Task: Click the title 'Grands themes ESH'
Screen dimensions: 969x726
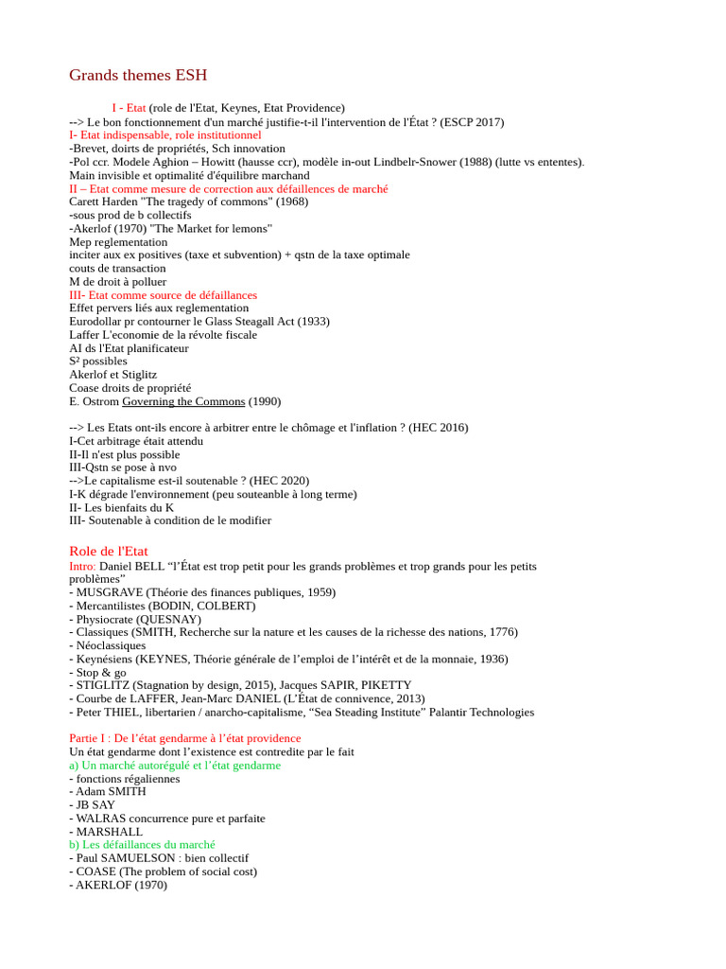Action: pos(138,75)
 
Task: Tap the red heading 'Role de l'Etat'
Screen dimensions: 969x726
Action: pos(109,551)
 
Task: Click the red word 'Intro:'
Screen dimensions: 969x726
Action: pos(82,566)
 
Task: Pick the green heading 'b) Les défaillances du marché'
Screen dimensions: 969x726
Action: pos(142,844)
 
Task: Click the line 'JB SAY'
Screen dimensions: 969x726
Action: pos(95,804)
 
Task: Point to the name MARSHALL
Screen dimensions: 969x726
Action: pos(109,831)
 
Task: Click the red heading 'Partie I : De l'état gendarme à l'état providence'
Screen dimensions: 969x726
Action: pos(185,738)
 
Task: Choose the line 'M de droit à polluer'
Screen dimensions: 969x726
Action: pos(117,282)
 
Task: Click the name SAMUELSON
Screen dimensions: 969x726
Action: pos(141,857)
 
